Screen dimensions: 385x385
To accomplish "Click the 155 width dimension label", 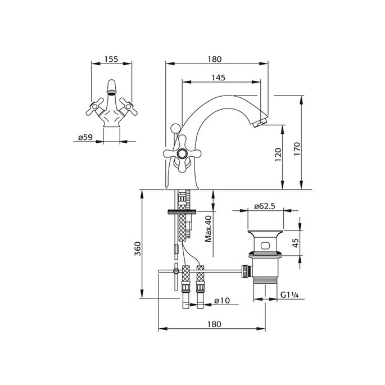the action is click(111, 59).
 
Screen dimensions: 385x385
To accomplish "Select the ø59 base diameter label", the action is click(85, 137).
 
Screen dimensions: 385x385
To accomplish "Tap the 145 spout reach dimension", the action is click(218, 78).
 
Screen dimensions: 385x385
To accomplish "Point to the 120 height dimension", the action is click(278, 155).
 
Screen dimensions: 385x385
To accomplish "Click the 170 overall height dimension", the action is click(297, 148).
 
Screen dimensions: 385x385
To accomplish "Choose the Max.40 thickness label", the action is click(208, 229).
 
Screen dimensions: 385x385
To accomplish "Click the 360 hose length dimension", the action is click(138, 248).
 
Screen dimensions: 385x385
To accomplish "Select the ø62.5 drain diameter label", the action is click(265, 206).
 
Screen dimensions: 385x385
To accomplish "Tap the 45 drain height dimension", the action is click(296, 243).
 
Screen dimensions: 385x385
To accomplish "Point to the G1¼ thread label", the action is click(289, 295).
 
